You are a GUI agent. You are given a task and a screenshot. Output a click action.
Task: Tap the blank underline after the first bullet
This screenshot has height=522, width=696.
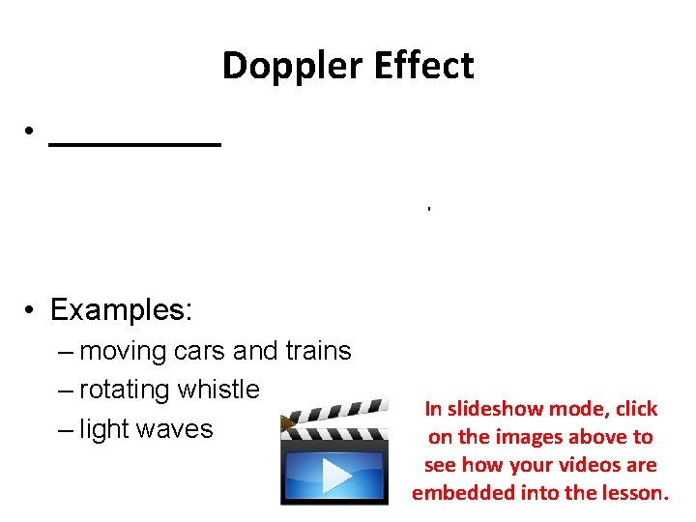[134, 142]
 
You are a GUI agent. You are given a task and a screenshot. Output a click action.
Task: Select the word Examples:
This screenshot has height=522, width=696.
[122, 310]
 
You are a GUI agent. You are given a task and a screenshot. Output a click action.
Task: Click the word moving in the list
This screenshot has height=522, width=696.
[123, 351]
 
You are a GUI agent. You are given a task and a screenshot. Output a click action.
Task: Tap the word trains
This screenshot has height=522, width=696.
[317, 351]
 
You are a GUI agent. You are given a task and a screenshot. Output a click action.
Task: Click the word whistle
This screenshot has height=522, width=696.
[225, 390]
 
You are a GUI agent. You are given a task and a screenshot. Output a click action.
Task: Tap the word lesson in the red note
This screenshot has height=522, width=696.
[636, 493]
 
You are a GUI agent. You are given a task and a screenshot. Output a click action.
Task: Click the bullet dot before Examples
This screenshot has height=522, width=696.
[32, 311]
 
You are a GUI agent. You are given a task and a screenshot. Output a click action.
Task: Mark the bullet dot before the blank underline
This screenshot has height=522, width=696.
[32, 132]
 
